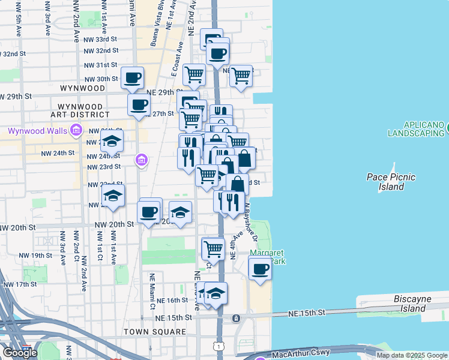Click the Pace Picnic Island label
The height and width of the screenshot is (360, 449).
(x=391, y=182)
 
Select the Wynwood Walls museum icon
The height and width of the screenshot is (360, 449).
(x=76, y=130)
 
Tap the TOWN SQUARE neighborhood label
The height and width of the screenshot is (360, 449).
(x=155, y=332)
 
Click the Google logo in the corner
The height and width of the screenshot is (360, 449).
(x=20, y=353)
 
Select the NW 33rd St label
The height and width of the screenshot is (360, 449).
(x=101, y=40)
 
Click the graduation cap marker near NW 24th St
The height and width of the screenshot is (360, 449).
(x=111, y=143)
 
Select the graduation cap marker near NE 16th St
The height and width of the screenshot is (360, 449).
(x=215, y=293)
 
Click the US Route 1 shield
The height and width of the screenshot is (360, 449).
(x=220, y=347)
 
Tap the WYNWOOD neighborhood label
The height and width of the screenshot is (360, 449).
(x=83, y=88)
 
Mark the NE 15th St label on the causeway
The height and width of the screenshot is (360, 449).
(x=307, y=313)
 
